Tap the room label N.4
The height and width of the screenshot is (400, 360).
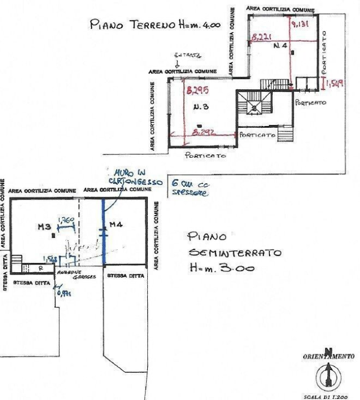point(279,48)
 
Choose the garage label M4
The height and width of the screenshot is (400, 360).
point(116,224)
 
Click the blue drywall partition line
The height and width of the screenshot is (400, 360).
point(104,233)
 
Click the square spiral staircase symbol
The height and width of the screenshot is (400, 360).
point(254,107)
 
